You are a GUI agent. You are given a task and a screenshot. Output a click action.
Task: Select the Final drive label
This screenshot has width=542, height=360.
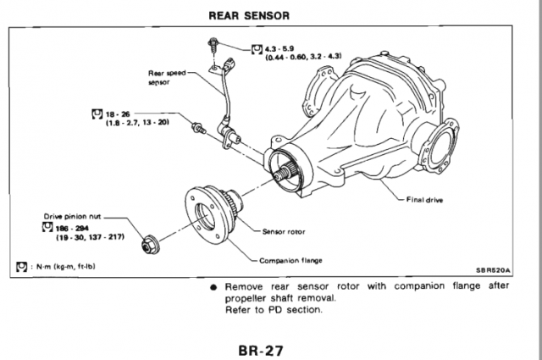(x=427, y=201)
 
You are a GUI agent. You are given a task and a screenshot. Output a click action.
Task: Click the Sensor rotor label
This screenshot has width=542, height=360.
(x=284, y=230)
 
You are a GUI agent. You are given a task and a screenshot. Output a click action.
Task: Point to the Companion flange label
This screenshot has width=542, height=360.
(x=293, y=259)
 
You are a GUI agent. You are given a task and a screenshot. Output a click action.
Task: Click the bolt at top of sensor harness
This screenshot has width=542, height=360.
(x=213, y=42)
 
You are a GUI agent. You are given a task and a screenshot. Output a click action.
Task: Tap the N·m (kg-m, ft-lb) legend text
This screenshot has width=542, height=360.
(x=64, y=268)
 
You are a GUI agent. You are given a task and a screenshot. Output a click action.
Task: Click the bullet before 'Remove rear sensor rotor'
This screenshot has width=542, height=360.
(x=216, y=286)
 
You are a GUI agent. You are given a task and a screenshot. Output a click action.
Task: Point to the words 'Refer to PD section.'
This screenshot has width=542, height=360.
(x=274, y=309)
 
